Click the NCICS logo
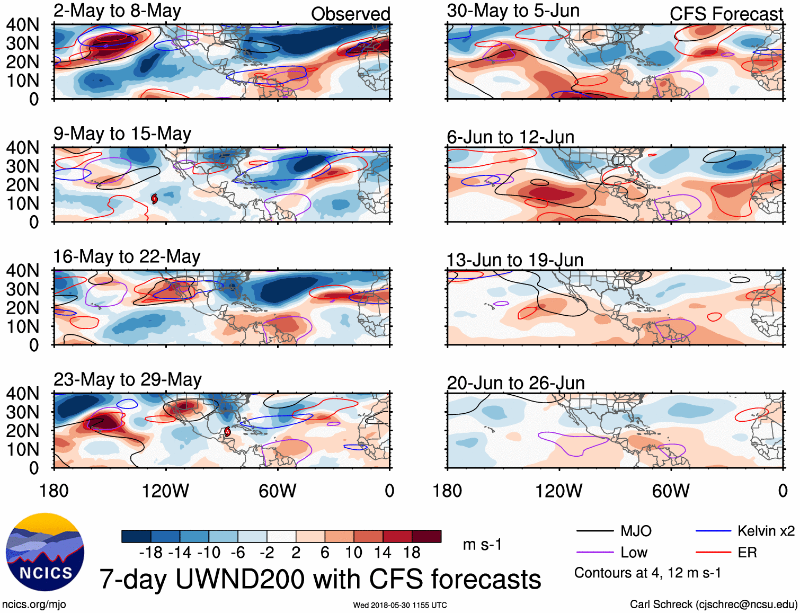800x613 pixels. [45, 552]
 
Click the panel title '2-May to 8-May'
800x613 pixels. [117, 11]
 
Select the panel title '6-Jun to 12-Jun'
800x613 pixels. [510, 137]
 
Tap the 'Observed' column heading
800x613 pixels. [350, 14]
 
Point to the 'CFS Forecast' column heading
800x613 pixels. [726, 14]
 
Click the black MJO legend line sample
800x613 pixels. [594, 531]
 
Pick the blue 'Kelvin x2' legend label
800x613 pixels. [766, 531]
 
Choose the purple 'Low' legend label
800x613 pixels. [634, 553]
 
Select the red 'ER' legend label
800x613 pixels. [747, 553]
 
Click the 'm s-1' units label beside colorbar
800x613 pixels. [482, 545]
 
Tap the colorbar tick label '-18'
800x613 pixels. [151, 553]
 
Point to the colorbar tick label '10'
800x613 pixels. [353, 553]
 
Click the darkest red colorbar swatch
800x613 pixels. [426, 536]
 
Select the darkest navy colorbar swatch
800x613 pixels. [136, 536]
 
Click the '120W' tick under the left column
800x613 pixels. [165, 491]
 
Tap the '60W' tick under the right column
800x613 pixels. [671, 491]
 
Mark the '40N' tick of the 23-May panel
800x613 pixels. [22, 394]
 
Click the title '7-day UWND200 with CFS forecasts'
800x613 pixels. [320, 579]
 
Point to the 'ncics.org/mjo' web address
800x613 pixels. [34, 605]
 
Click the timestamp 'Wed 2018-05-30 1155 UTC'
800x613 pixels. [400, 605]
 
